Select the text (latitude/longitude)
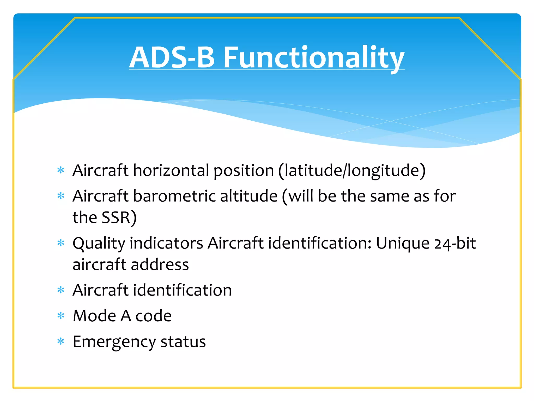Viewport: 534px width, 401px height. [x=352, y=171]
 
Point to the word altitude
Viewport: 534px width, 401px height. [x=249, y=196]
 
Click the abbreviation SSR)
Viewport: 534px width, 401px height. [x=119, y=217]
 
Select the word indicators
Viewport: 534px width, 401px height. [x=166, y=243]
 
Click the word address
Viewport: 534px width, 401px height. [x=160, y=264]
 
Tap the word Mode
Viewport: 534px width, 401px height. [x=94, y=316]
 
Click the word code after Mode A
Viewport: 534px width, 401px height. [x=154, y=316]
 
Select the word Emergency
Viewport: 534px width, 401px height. [x=114, y=342]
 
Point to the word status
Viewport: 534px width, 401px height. [x=183, y=341]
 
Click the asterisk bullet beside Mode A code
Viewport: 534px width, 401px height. [x=61, y=316]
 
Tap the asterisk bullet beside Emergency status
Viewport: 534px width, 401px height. [x=61, y=341]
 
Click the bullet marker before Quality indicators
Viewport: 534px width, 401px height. [x=61, y=243]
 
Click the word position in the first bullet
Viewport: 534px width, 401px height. [x=244, y=171]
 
